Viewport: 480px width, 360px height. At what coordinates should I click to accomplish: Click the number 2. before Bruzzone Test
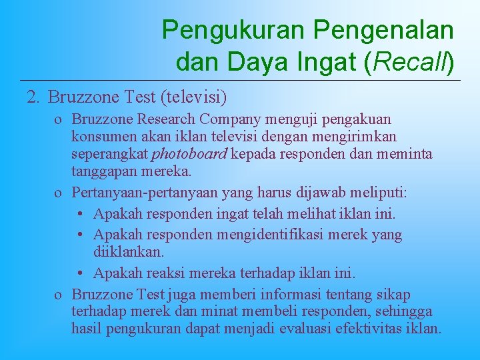(x=34, y=98)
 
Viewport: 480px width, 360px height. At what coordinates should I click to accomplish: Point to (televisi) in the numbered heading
(x=193, y=98)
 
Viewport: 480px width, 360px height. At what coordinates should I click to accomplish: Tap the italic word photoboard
(x=190, y=154)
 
